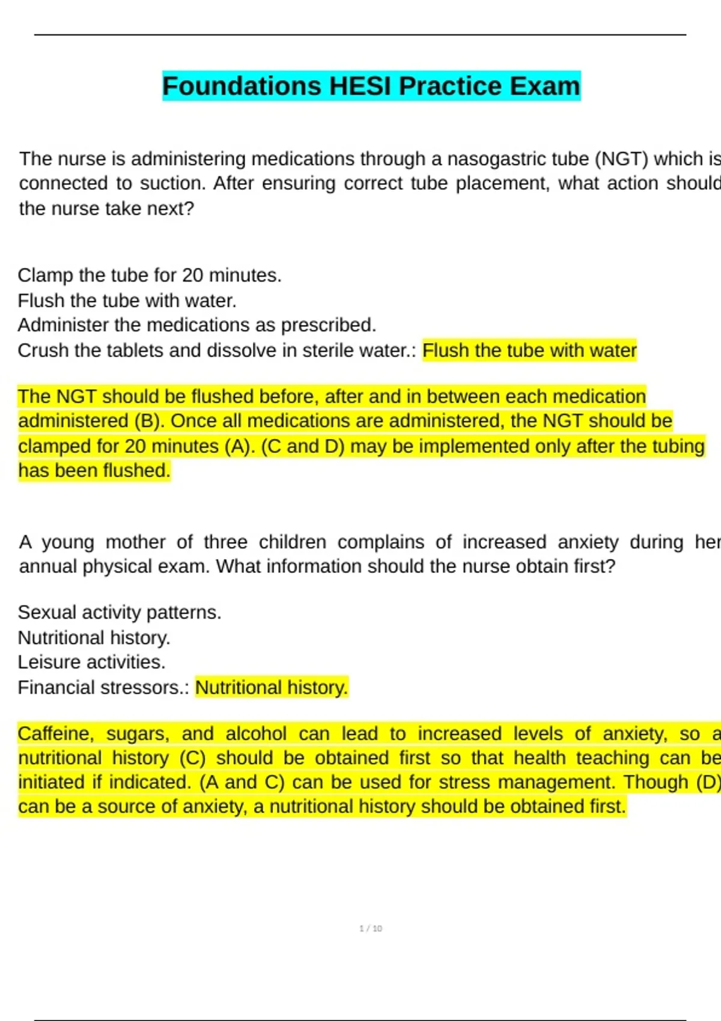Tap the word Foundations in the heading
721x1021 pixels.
click(x=242, y=86)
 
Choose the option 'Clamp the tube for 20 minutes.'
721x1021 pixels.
click(x=150, y=276)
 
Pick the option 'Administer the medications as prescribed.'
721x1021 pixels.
click(x=197, y=325)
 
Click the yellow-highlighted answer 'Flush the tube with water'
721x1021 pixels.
click(x=529, y=350)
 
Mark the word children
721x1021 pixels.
click(x=293, y=542)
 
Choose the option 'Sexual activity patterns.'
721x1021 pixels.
click(x=120, y=613)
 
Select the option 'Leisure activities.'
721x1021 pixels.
click(x=91, y=662)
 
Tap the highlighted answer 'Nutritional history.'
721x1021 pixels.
click(x=272, y=687)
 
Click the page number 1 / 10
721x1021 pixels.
click(x=371, y=929)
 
